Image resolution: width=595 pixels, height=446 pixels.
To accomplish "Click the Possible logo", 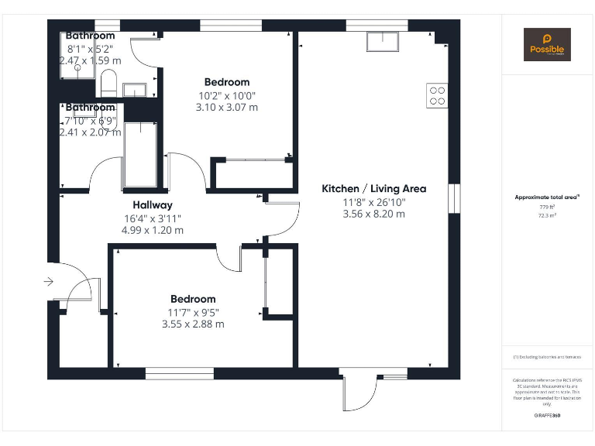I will point(547,45).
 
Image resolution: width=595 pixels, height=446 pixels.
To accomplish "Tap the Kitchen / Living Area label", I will point(373,188).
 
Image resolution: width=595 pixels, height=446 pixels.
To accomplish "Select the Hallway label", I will point(153,205).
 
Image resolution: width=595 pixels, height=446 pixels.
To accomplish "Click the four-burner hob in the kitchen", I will point(437,94).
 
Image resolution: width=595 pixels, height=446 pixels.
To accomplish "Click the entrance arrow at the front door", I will point(49,282).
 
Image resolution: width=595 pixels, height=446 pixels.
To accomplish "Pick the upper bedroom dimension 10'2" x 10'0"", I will point(227,95).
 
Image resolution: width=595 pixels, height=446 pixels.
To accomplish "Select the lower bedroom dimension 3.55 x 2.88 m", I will point(193,324).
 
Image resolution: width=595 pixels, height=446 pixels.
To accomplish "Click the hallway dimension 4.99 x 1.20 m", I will point(153,230).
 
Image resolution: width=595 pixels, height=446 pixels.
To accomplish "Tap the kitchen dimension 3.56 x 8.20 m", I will point(373,214).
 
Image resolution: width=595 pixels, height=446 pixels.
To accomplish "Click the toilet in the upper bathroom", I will point(108,81).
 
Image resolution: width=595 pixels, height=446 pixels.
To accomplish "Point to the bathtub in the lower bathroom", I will point(140,154).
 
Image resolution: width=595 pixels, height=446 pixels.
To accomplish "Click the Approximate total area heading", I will point(547,197).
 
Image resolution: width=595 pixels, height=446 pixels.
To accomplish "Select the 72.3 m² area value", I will point(547,215).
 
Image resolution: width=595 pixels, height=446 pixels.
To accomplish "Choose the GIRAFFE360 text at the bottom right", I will point(547,416).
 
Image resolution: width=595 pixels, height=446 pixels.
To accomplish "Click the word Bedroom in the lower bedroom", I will point(193,299).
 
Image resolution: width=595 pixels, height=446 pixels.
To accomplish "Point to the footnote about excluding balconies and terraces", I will point(547,357).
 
